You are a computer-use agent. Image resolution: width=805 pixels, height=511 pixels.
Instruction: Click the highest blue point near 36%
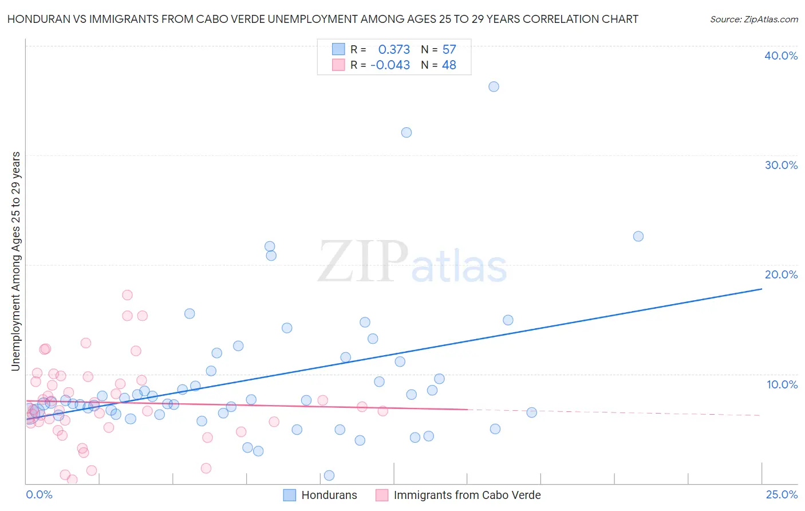(x=494, y=87)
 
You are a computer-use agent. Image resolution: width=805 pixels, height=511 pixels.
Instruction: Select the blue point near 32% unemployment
(x=407, y=132)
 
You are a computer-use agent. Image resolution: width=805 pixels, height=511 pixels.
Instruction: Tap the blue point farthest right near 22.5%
(x=638, y=237)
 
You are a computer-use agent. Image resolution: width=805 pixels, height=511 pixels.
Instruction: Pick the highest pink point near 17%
(x=127, y=295)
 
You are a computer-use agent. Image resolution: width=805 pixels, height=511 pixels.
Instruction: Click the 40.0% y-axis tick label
(x=781, y=56)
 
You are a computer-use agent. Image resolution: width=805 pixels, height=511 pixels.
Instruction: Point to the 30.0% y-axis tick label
(x=781, y=165)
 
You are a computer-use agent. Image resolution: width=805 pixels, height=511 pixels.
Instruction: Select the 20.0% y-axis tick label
(x=781, y=274)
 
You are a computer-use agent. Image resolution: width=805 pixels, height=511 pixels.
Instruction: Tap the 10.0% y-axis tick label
(x=782, y=384)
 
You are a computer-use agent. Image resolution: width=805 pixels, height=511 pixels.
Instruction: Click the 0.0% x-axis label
(x=39, y=494)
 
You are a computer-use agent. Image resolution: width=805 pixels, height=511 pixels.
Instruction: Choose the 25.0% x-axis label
(x=782, y=494)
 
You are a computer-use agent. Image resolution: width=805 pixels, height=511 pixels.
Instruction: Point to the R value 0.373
(x=394, y=50)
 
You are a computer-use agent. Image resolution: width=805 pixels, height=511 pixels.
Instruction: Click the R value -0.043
(x=390, y=65)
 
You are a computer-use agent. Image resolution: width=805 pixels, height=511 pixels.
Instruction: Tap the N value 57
(x=449, y=50)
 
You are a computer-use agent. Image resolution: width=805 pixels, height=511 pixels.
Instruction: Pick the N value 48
(x=449, y=65)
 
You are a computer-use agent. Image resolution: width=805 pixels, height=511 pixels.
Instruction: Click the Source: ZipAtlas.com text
(x=753, y=19)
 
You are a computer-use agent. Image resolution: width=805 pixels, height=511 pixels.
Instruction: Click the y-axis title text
(x=16, y=261)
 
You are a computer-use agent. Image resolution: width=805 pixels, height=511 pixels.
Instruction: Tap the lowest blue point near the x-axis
(x=329, y=475)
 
